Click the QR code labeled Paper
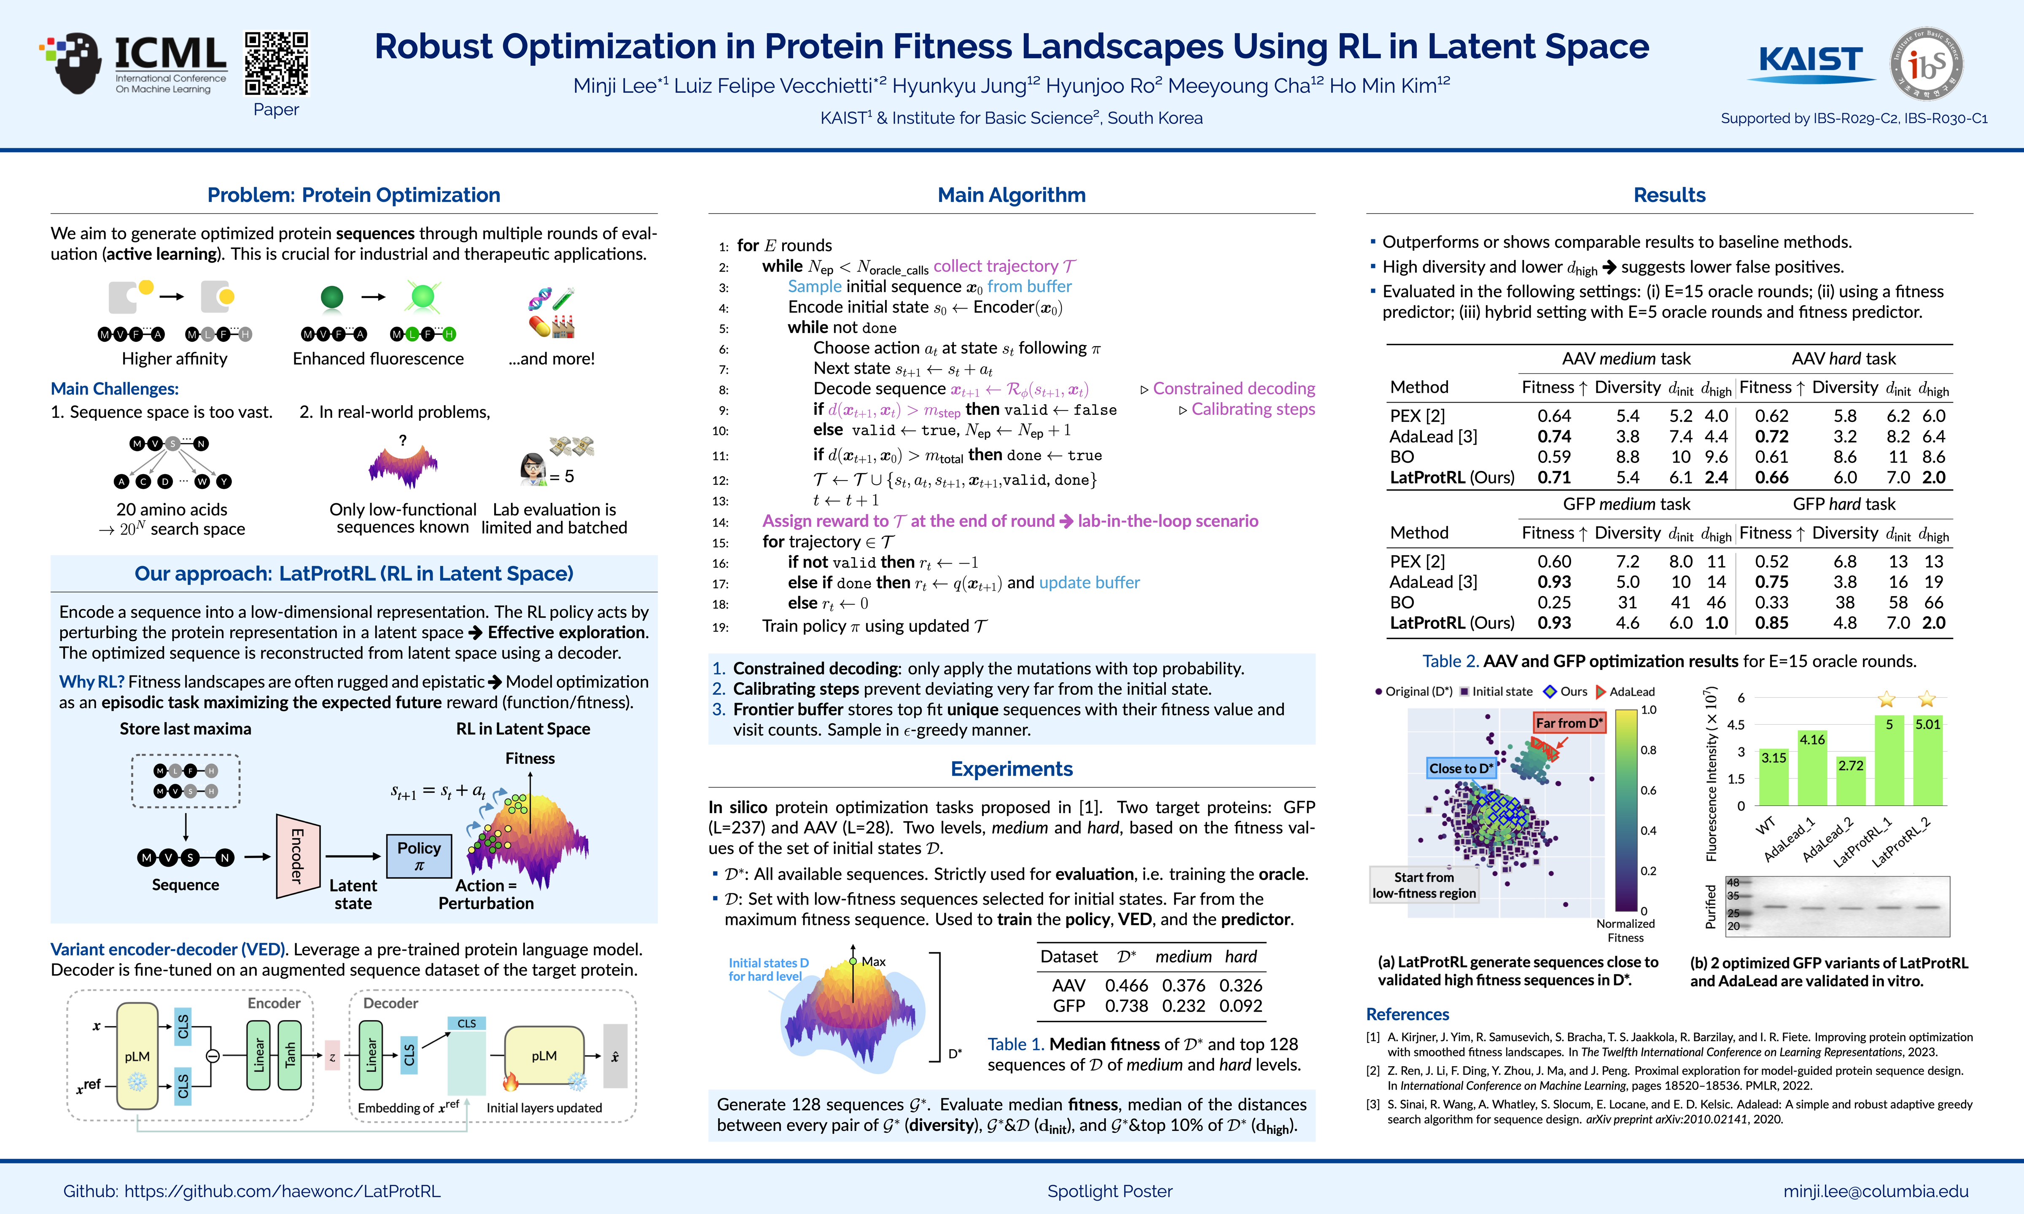pos(277,64)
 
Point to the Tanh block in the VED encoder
pos(290,1056)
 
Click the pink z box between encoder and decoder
pos(332,1056)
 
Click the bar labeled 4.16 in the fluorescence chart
pos(1812,769)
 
